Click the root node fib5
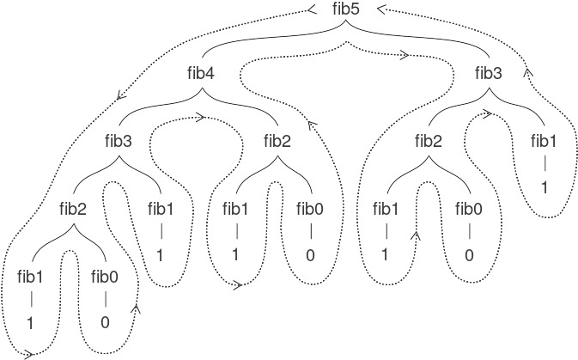(344, 9)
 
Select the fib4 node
(199, 74)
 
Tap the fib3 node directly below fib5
(488, 74)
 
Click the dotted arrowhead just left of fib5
(312, 11)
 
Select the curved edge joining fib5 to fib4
(258, 43)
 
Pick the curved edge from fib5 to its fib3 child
(429, 43)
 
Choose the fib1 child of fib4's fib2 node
(236, 209)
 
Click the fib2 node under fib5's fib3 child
(429, 141)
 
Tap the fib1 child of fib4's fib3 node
(161, 209)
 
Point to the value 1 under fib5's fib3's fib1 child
(545, 186)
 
